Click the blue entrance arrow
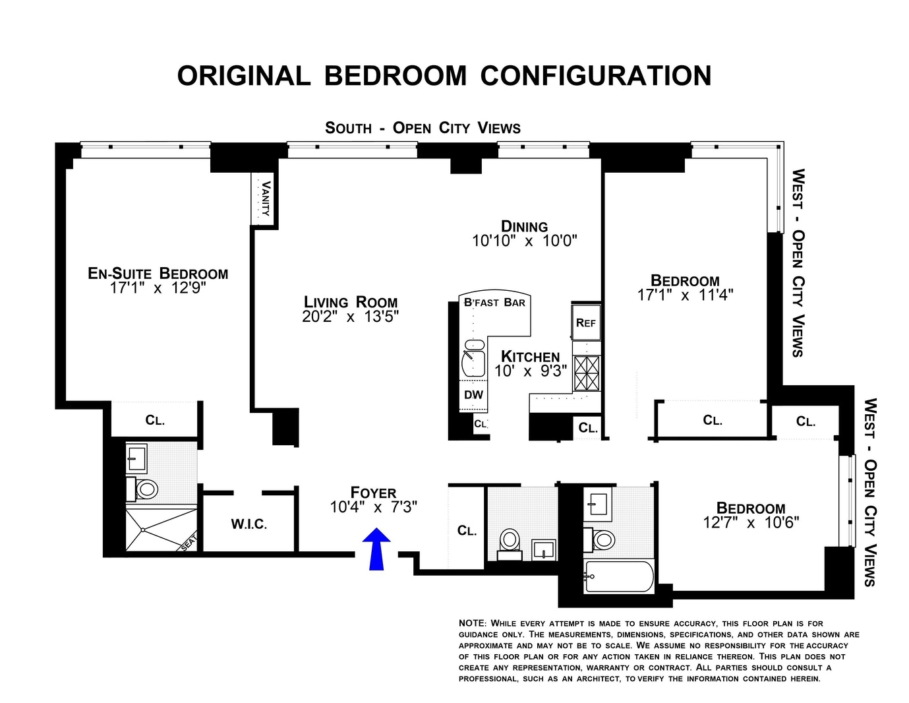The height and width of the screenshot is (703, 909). pyautogui.click(x=376, y=549)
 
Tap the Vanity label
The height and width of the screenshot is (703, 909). pyautogui.click(x=266, y=198)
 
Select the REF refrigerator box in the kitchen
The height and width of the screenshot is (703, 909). pyautogui.click(x=585, y=322)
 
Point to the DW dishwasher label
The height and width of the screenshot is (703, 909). pyautogui.click(x=473, y=394)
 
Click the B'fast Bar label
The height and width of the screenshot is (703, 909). pyautogui.click(x=494, y=303)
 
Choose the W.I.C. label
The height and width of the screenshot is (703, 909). pyautogui.click(x=249, y=524)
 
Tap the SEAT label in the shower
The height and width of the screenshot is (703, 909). pyautogui.click(x=189, y=543)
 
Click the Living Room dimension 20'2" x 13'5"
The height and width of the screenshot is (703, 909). pyautogui.click(x=351, y=317)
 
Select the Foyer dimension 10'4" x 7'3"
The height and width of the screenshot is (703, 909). pyautogui.click(x=374, y=507)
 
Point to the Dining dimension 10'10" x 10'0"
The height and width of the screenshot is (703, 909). pyautogui.click(x=525, y=241)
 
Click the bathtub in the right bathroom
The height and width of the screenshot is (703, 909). pyautogui.click(x=620, y=576)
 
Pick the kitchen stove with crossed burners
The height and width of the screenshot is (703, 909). pyautogui.click(x=587, y=373)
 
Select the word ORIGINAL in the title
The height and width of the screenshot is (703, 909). pyautogui.click(x=244, y=76)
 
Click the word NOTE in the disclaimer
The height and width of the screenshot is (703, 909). pyautogui.click(x=473, y=623)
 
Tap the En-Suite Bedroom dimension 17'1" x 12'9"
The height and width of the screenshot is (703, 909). pyautogui.click(x=158, y=288)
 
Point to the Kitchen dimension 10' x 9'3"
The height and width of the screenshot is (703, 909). pyautogui.click(x=531, y=371)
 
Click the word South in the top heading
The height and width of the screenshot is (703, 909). pyautogui.click(x=348, y=128)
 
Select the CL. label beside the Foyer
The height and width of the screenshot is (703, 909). pyautogui.click(x=467, y=531)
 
